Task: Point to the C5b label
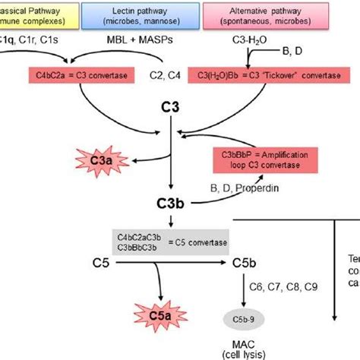[243, 264]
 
